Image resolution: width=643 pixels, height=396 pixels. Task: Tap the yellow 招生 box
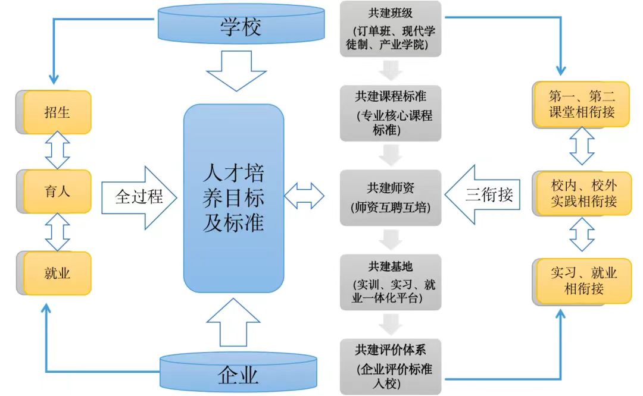click(57, 112)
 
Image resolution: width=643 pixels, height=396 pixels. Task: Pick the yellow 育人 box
click(57, 191)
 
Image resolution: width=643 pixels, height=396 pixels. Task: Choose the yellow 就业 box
click(57, 273)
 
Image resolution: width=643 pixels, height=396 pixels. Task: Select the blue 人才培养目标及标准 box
click(233, 198)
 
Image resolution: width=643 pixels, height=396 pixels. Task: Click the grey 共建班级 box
click(391, 29)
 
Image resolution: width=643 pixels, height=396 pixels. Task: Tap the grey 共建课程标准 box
click(391, 113)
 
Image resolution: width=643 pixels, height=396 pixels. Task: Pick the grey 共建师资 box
click(391, 197)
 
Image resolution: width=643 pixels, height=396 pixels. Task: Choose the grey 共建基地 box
click(391, 282)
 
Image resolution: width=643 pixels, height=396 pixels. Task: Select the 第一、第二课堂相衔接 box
click(581, 104)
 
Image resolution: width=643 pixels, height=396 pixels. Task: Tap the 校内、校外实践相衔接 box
click(582, 193)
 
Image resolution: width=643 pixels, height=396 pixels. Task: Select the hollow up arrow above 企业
click(236, 323)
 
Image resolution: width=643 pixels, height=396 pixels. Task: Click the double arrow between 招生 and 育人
click(57, 152)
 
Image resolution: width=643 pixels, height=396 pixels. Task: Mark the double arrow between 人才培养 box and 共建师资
click(304, 194)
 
